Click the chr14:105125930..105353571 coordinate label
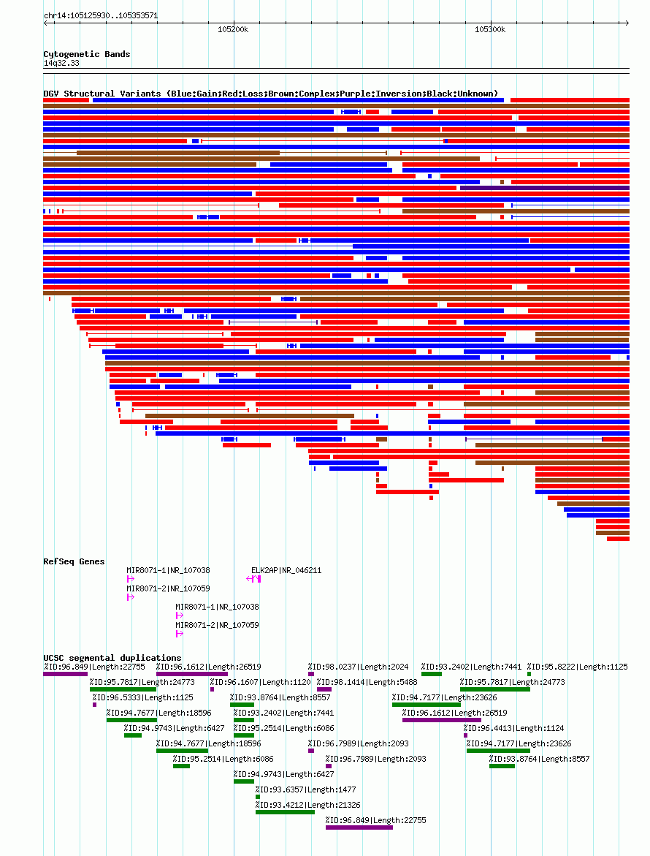(x=101, y=15)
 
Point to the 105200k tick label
(x=233, y=29)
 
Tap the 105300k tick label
(x=490, y=29)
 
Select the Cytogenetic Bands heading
(x=87, y=54)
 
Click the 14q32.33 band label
(x=61, y=63)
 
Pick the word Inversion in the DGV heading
(x=382, y=94)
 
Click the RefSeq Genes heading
(x=74, y=561)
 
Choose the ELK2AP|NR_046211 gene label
(x=286, y=570)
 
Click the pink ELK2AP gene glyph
(x=253, y=579)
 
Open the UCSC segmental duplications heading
(x=112, y=658)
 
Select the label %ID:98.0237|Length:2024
(x=359, y=667)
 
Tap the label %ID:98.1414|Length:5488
(x=367, y=682)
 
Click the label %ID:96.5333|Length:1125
(x=143, y=697)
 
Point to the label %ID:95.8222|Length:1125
(x=578, y=667)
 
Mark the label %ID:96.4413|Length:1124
(x=513, y=727)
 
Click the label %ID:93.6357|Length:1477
(x=305, y=789)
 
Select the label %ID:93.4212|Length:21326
(x=308, y=805)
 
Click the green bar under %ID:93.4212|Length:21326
(x=285, y=812)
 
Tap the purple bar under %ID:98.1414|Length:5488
(x=324, y=689)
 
